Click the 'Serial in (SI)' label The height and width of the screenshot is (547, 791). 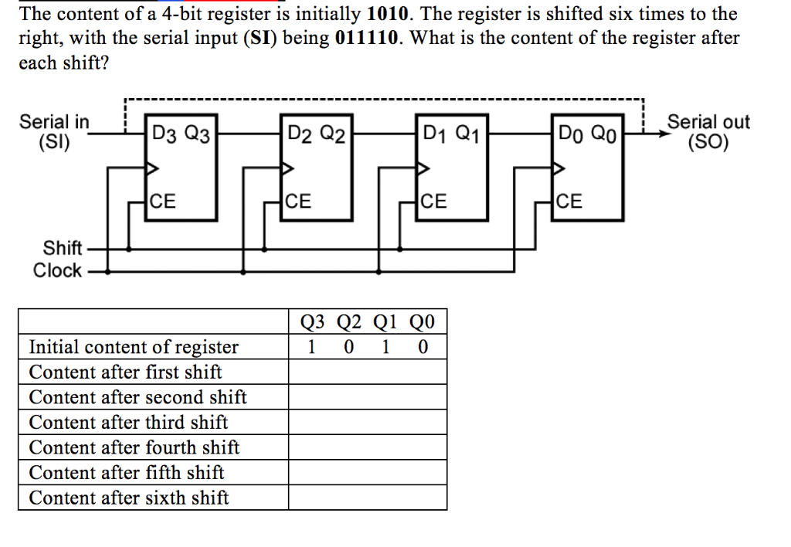click(54, 131)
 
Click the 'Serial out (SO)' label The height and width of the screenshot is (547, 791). click(708, 131)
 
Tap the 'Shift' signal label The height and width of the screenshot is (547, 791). click(63, 248)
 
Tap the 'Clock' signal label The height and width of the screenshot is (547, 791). click(57, 270)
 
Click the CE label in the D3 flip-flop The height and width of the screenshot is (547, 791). click(162, 202)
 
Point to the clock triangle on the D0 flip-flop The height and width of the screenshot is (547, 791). click(558, 168)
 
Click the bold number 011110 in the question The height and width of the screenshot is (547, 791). click(367, 38)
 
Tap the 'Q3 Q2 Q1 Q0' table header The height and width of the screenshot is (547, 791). click(368, 321)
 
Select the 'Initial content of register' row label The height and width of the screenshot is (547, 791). click(134, 347)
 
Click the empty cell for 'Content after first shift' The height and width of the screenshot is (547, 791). click(368, 372)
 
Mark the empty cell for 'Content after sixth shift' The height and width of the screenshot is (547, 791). click(368, 498)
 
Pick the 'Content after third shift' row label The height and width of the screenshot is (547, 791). click(128, 423)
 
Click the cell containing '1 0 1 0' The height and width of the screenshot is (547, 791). click(368, 347)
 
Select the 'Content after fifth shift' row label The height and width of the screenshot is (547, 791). click(127, 473)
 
